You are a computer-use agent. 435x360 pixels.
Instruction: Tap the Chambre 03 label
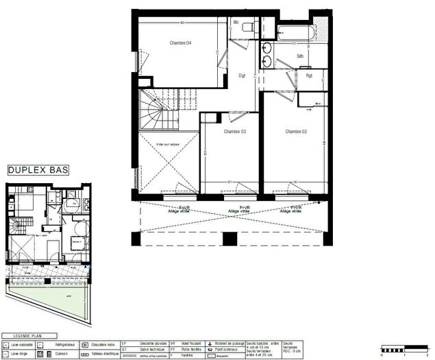pyautogui.click(x=234, y=132)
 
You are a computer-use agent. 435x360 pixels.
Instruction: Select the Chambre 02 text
pyautogui.click(x=295, y=132)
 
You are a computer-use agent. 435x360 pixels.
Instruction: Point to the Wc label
pyautogui.click(x=236, y=23)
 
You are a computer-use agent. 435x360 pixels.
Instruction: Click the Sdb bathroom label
pyautogui.click(x=300, y=56)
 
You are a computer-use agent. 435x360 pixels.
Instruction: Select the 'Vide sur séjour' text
pyautogui.click(x=168, y=144)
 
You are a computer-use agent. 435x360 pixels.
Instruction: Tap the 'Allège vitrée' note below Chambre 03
pyautogui.click(x=238, y=212)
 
